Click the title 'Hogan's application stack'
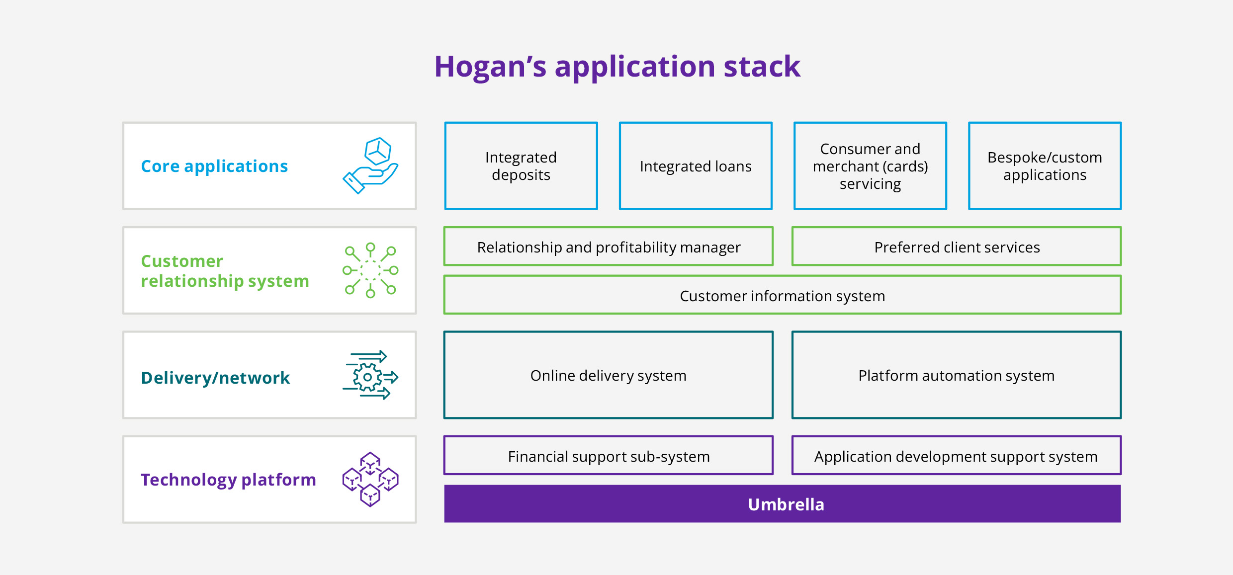[617, 67]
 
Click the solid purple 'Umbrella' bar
[783, 504]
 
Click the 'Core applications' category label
[214, 166]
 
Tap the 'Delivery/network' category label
[215, 378]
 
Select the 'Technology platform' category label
[228, 480]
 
